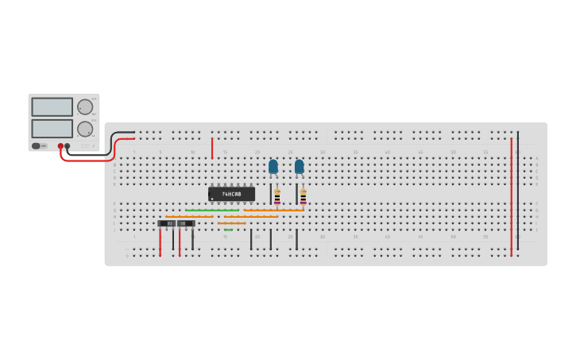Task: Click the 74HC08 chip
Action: point(231,194)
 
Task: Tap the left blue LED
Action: point(273,166)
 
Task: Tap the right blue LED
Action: point(300,166)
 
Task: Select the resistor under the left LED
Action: point(276,196)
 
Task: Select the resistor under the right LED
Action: point(303,196)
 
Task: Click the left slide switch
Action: point(168,223)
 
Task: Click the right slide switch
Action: point(186,223)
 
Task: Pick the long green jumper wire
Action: point(212,210)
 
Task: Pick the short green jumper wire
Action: point(228,230)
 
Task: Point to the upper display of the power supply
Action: point(52,107)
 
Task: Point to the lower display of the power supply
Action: point(52,128)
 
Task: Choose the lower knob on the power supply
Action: point(84,129)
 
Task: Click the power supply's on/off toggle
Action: point(37,145)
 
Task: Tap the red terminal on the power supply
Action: point(60,146)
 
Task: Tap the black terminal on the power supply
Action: point(68,146)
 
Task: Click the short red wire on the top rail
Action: point(212,148)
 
